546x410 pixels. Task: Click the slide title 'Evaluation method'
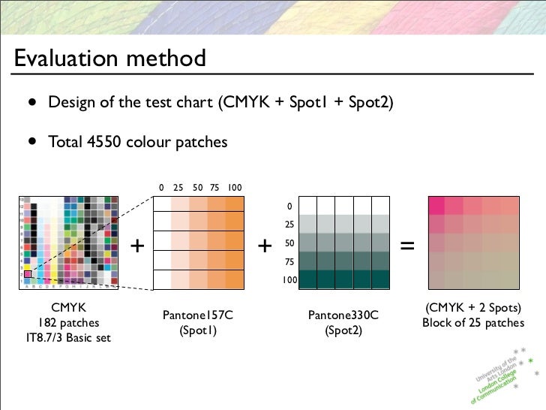point(109,58)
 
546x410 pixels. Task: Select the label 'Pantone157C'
point(198,315)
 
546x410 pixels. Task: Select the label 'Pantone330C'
point(343,315)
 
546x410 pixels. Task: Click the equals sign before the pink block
point(407,246)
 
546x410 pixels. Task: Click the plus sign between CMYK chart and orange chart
point(136,246)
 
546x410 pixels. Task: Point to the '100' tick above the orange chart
point(235,187)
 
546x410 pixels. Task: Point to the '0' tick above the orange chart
point(161,187)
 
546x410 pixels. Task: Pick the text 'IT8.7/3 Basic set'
point(67,337)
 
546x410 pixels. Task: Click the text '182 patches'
point(67,322)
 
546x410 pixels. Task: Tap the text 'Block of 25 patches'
point(473,323)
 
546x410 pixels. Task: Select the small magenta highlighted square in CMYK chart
point(28,274)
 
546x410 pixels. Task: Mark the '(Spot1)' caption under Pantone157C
point(198,330)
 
